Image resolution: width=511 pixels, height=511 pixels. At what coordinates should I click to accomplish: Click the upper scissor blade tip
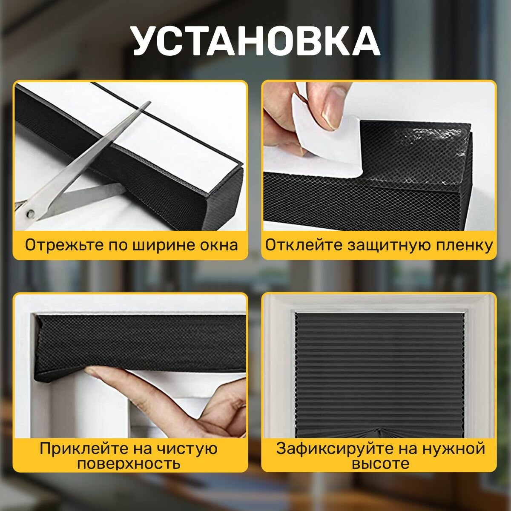click(x=150, y=102)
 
